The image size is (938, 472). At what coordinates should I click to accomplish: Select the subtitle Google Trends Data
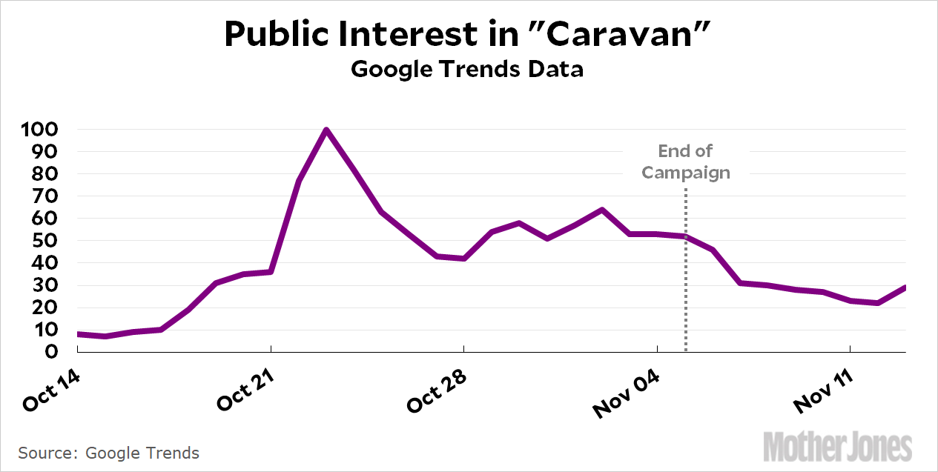pyautogui.click(x=467, y=70)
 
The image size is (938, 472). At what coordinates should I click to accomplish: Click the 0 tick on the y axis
pyautogui.click(x=53, y=352)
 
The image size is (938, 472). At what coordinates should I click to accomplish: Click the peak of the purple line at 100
pyautogui.click(x=326, y=130)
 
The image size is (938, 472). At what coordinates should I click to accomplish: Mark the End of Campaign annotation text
pyautogui.click(x=686, y=162)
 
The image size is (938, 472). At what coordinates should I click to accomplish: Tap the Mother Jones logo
pyautogui.click(x=838, y=447)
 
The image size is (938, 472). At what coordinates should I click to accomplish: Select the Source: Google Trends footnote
pyautogui.click(x=109, y=453)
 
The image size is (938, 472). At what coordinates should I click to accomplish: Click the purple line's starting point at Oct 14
pyautogui.click(x=79, y=334)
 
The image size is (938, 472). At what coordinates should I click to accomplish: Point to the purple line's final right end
pyautogui.click(x=905, y=287)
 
